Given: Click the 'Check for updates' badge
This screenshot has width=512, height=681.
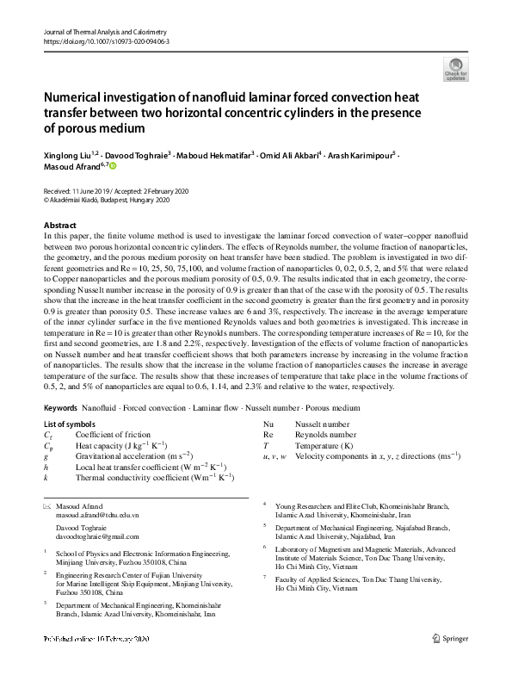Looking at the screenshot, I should click(455, 68).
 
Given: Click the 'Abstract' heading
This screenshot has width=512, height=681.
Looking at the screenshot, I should click(59, 225).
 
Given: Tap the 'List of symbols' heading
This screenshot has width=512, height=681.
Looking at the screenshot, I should click(70, 425).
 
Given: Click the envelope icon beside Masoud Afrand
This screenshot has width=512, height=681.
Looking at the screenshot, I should click(46, 505).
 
